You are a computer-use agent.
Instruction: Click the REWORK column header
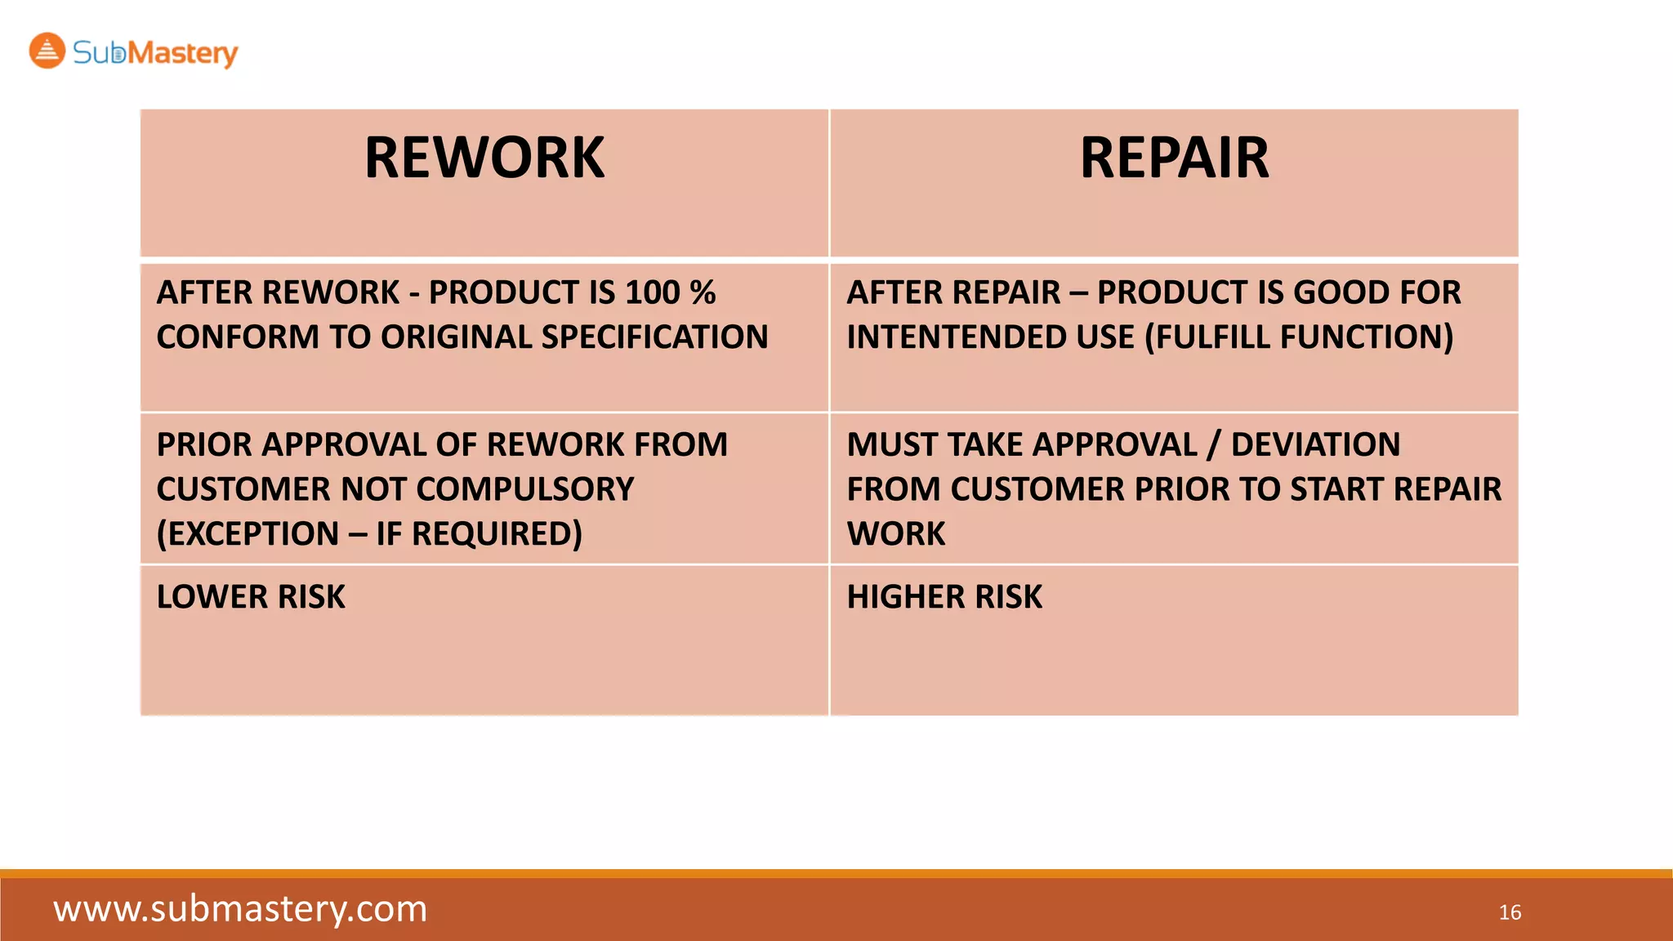pos(484,158)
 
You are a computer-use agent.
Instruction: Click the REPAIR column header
pos(1174,158)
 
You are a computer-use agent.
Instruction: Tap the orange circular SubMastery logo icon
pos(47,51)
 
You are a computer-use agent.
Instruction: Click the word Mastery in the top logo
pos(183,54)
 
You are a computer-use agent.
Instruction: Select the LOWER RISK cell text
pos(251,597)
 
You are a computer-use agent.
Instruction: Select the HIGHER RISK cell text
pos(944,597)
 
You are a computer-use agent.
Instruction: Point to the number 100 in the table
pos(653,292)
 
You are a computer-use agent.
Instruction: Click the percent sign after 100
pos(703,292)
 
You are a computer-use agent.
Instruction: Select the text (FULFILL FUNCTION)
pos(1299,337)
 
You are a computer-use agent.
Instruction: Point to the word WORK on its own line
pos(896,534)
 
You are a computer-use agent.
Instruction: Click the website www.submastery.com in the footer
pos(240,909)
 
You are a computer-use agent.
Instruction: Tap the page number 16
pos(1510,912)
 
